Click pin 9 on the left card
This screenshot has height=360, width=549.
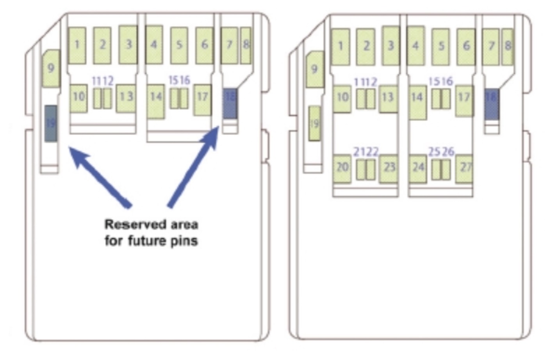click(x=51, y=68)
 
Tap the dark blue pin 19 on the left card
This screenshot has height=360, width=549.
click(x=51, y=123)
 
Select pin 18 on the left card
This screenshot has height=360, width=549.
click(x=230, y=103)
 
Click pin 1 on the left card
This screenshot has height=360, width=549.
click(x=77, y=45)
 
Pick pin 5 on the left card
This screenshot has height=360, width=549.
click(x=179, y=45)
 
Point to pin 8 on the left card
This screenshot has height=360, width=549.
click(x=246, y=45)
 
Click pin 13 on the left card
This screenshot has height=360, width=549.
click(x=126, y=98)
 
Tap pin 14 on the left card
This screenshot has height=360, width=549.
click(x=156, y=101)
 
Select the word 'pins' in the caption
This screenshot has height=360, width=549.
click(x=184, y=241)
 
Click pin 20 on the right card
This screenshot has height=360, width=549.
click(x=342, y=168)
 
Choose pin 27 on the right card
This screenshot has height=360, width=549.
click(x=464, y=168)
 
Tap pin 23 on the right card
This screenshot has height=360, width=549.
click(x=389, y=168)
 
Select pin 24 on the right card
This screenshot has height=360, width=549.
click(x=417, y=168)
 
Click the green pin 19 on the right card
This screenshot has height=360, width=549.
click(x=314, y=123)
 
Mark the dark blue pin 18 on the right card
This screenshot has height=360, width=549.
click(x=491, y=104)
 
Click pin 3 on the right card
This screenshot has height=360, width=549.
click(x=390, y=46)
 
